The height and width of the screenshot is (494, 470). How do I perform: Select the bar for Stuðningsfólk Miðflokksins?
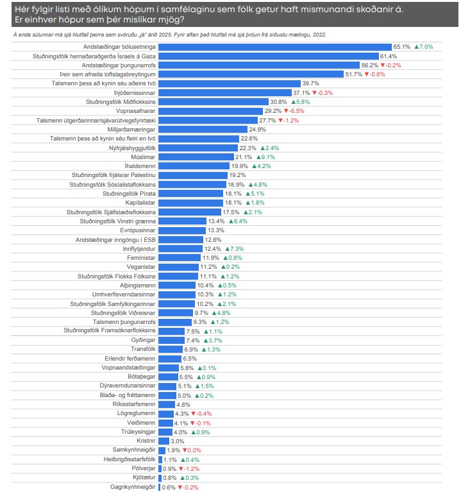tap(213, 102)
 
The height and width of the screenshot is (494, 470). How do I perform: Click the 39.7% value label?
tap(311, 83)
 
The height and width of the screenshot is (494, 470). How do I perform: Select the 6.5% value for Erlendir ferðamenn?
tap(190, 358)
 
